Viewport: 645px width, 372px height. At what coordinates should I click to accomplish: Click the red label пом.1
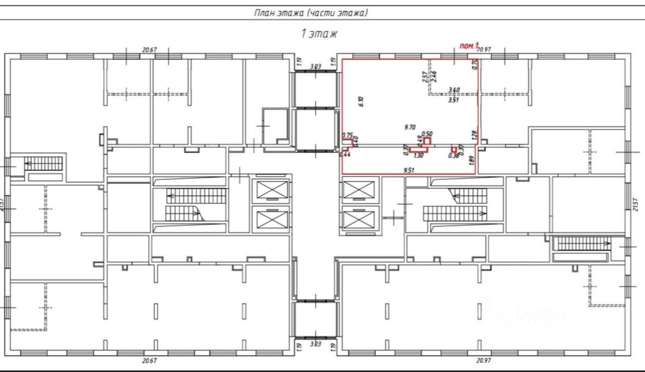pyautogui.click(x=469, y=46)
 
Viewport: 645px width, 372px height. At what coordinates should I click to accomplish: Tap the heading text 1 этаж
pyautogui.click(x=318, y=34)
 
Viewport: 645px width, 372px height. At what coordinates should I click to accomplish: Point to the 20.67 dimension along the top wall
pyautogui.click(x=150, y=49)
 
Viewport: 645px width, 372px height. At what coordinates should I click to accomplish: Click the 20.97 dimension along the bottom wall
pyautogui.click(x=484, y=360)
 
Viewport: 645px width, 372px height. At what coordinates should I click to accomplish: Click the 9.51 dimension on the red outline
pyautogui.click(x=409, y=170)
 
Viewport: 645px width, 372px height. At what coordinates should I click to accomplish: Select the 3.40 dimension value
pyautogui.click(x=454, y=90)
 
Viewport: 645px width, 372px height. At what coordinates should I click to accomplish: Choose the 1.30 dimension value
pyautogui.click(x=418, y=156)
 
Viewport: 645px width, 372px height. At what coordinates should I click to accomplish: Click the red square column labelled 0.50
pyautogui.click(x=427, y=141)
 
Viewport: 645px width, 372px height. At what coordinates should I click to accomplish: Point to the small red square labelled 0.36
pyautogui.click(x=454, y=149)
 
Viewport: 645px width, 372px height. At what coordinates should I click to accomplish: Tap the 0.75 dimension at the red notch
pyautogui.click(x=347, y=135)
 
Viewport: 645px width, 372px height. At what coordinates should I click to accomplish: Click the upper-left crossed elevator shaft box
pyautogui.click(x=271, y=190)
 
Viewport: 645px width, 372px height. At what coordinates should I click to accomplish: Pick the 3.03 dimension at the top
pyautogui.click(x=315, y=66)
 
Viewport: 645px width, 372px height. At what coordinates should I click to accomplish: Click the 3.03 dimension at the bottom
pyautogui.click(x=315, y=344)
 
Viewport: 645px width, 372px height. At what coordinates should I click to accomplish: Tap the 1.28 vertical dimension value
pyautogui.click(x=474, y=135)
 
